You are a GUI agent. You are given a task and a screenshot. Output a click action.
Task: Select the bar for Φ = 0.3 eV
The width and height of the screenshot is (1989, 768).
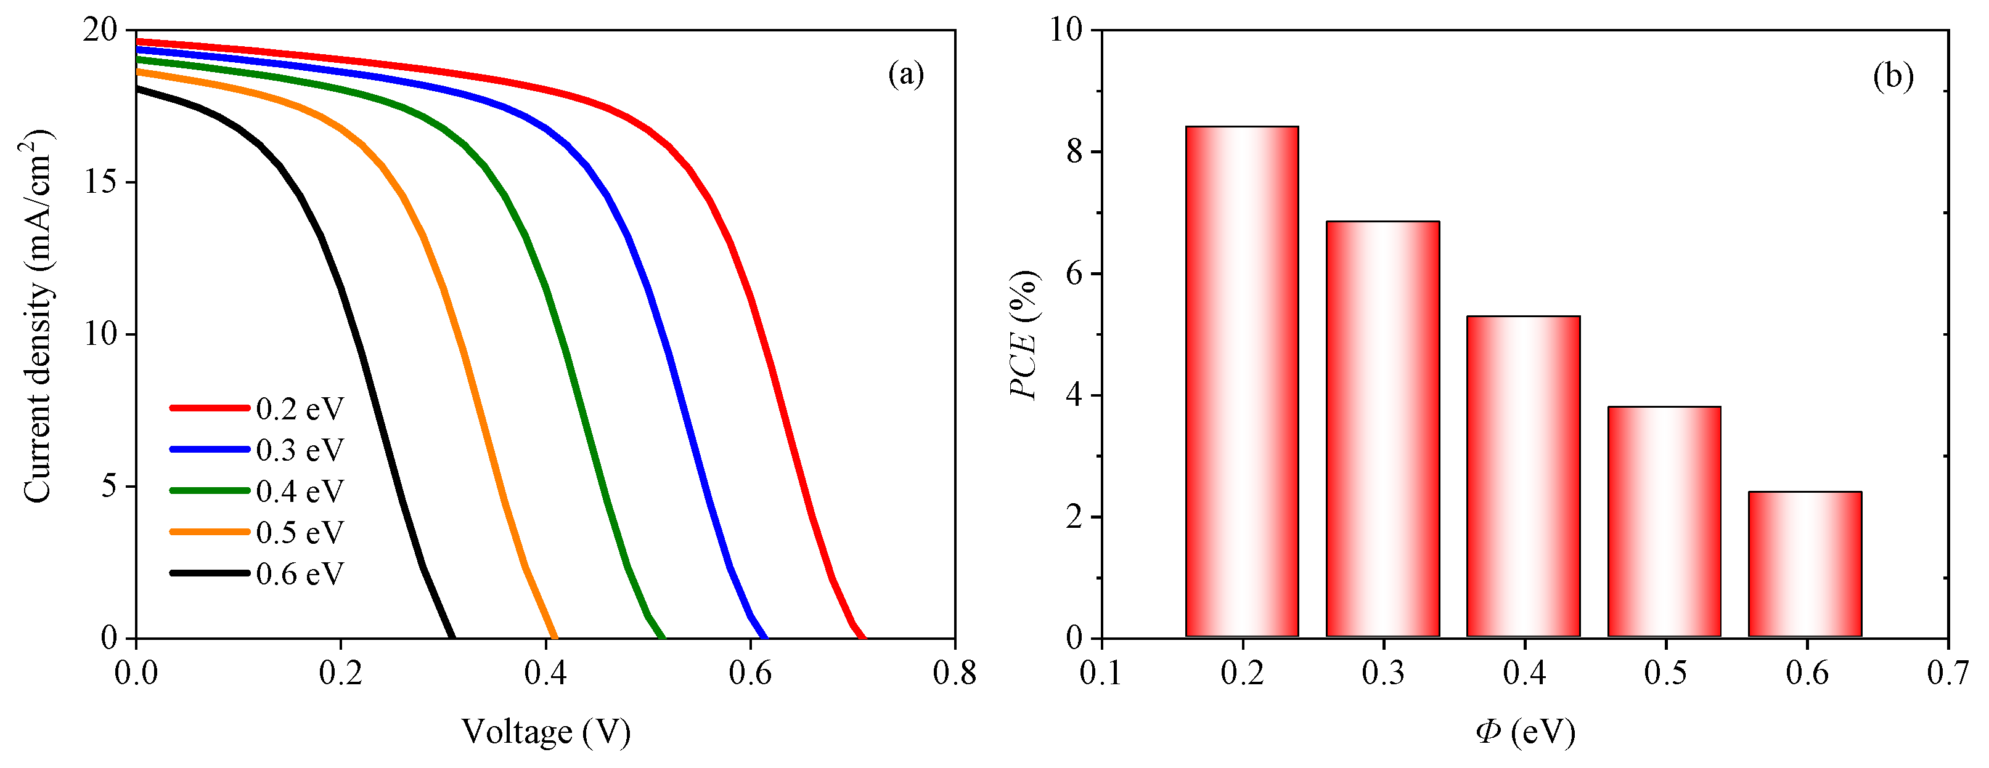[1383, 429]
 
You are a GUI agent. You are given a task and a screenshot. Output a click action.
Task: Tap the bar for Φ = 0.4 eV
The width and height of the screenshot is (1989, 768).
[1524, 476]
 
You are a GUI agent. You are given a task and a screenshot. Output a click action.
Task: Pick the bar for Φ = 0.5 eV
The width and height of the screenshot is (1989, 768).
[1664, 522]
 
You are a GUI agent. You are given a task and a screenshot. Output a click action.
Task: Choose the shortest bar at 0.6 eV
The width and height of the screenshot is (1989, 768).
[1805, 564]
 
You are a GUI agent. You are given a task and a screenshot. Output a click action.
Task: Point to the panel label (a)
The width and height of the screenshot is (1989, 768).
[905, 75]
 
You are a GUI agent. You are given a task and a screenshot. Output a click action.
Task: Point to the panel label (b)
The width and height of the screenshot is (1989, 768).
[1893, 77]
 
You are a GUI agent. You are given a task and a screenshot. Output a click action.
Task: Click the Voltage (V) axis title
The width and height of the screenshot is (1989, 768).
[546, 732]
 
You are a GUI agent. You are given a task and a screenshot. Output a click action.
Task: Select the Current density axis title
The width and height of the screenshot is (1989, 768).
[37, 317]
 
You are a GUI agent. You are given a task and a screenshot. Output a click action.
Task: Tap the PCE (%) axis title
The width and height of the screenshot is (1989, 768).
[1024, 334]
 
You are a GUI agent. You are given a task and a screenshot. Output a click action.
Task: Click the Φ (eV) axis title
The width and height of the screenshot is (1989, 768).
[1525, 732]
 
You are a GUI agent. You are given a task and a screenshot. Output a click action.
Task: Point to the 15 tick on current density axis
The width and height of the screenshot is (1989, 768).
[101, 182]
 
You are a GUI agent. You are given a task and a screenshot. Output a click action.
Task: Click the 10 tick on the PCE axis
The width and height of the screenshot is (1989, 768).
[1066, 30]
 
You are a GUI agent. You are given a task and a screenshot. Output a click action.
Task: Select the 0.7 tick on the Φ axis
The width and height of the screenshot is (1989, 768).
[1947, 673]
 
